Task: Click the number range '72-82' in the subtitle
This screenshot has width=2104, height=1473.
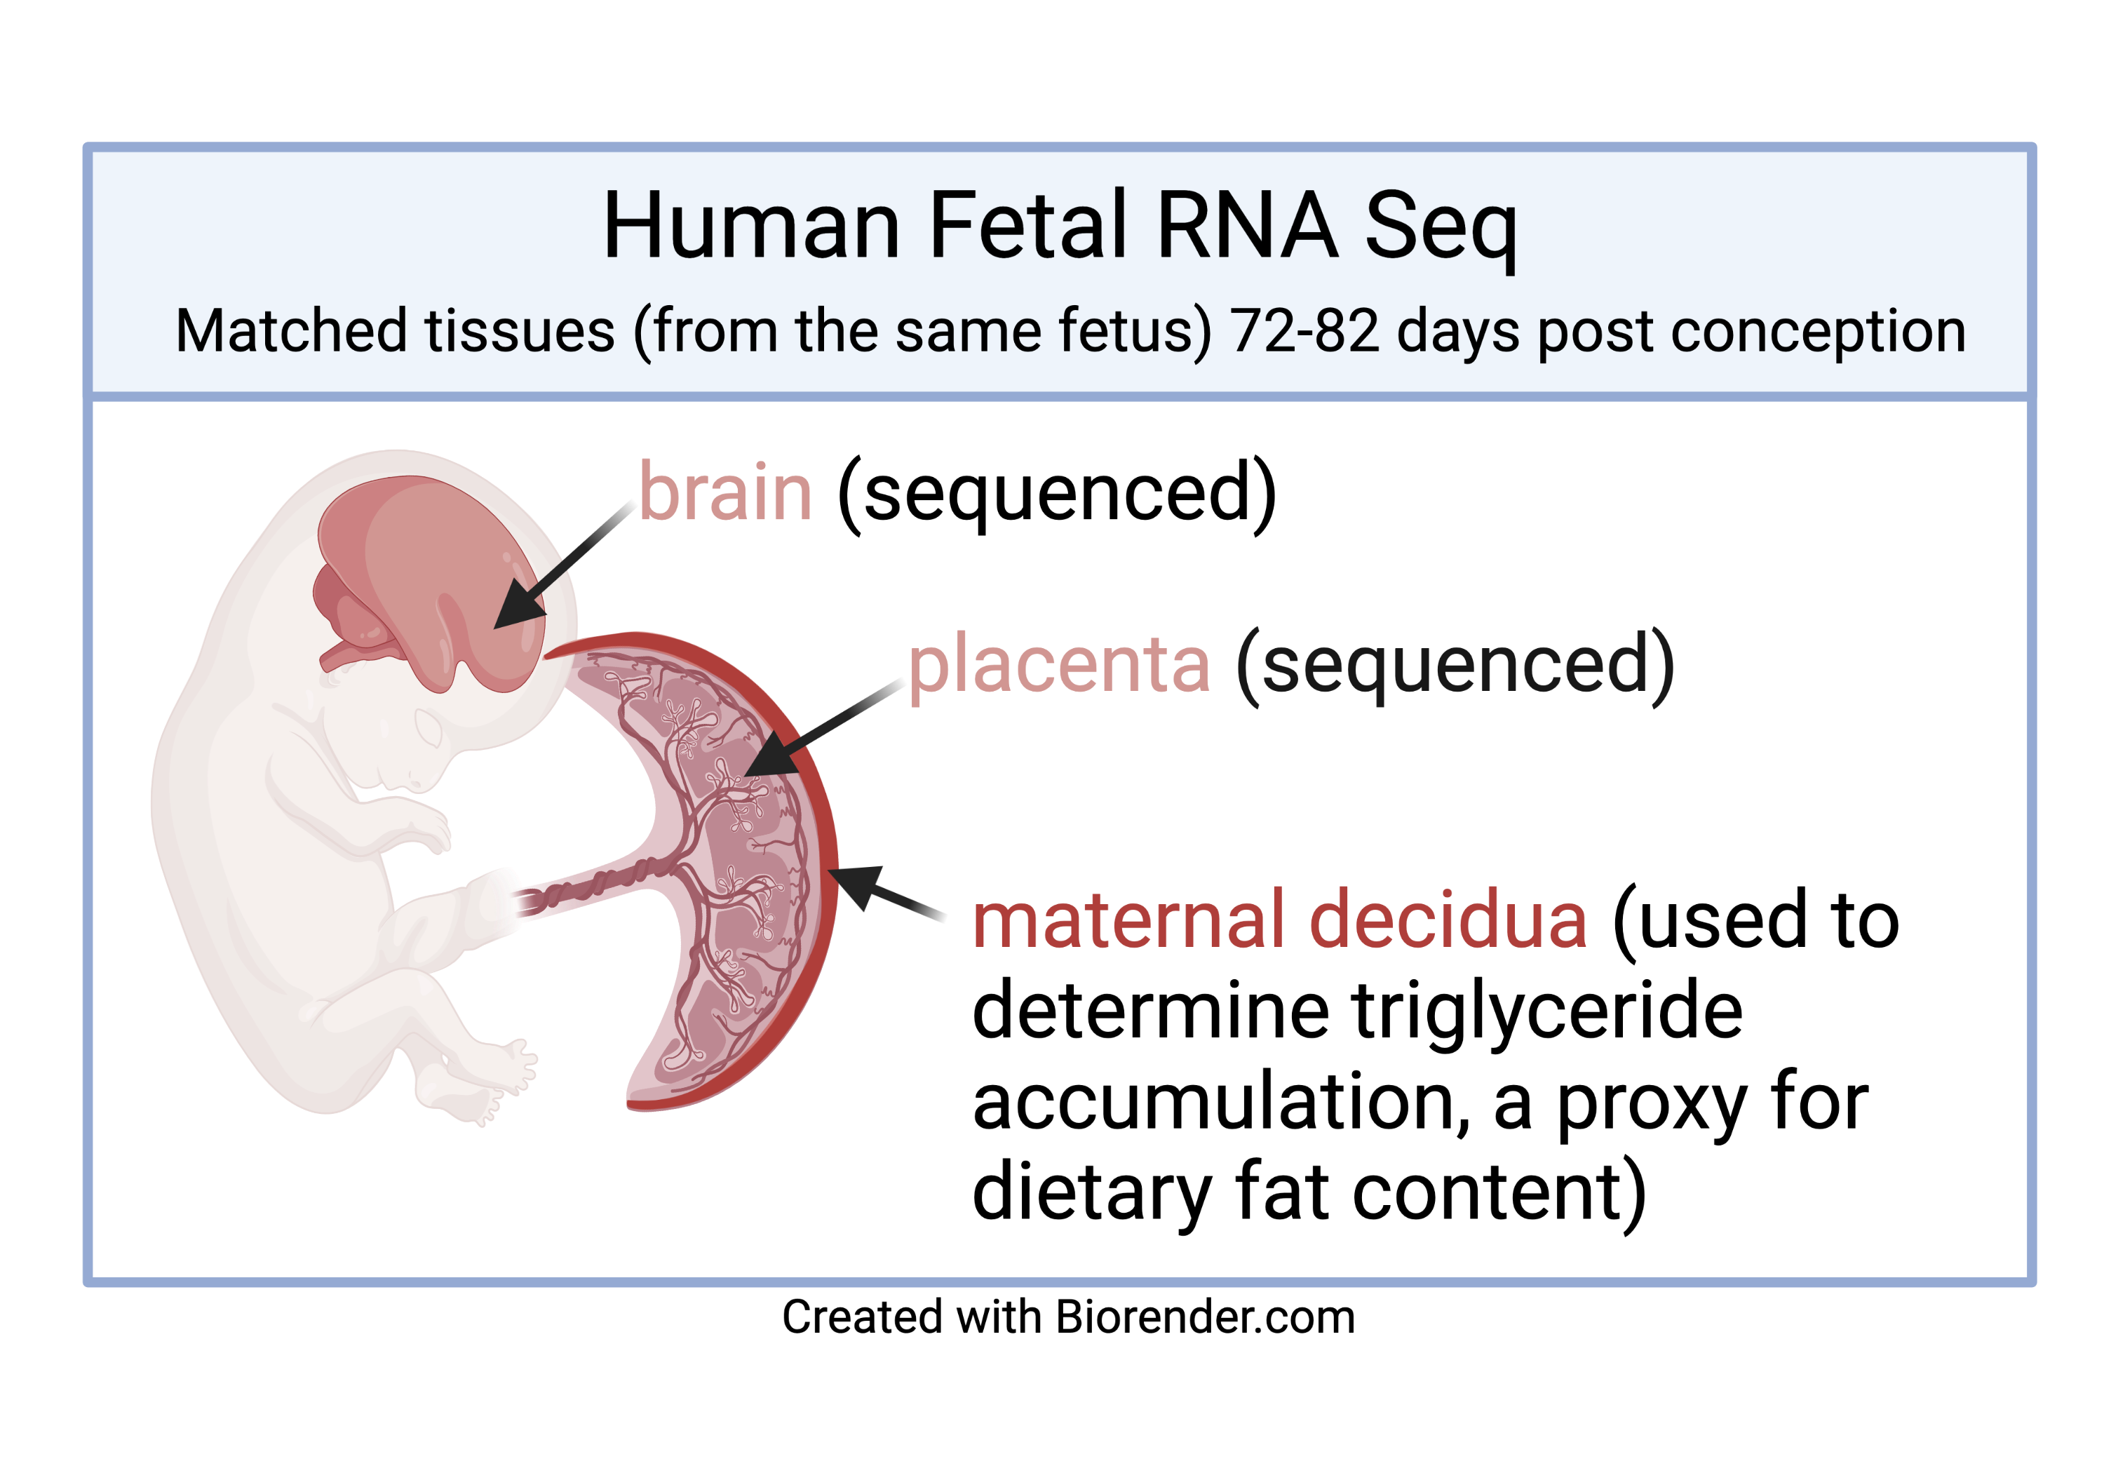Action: [x=1304, y=331]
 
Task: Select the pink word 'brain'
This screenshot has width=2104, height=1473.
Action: [x=726, y=492]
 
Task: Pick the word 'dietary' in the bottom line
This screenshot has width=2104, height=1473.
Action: [x=1093, y=1193]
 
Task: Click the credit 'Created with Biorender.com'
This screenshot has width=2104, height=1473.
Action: [x=1069, y=1317]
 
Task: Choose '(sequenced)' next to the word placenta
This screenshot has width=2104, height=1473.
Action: [x=1456, y=666]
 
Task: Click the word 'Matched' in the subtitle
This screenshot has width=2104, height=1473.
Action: [x=290, y=331]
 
